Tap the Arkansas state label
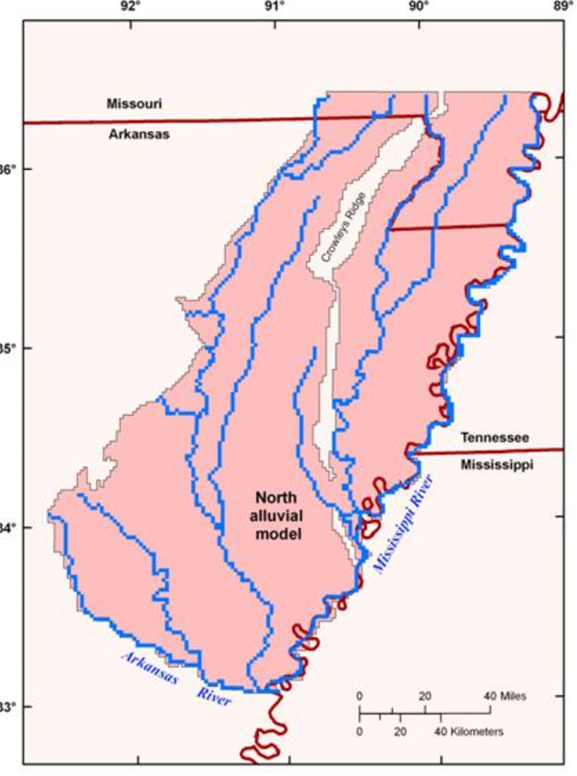click(x=138, y=134)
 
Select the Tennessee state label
click(x=495, y=437)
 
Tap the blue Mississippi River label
click(x=403, y=522)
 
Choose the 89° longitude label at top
click(x=562, y=8)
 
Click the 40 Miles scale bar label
click(x=505, y=697)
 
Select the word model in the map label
click(x=277, y=533)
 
